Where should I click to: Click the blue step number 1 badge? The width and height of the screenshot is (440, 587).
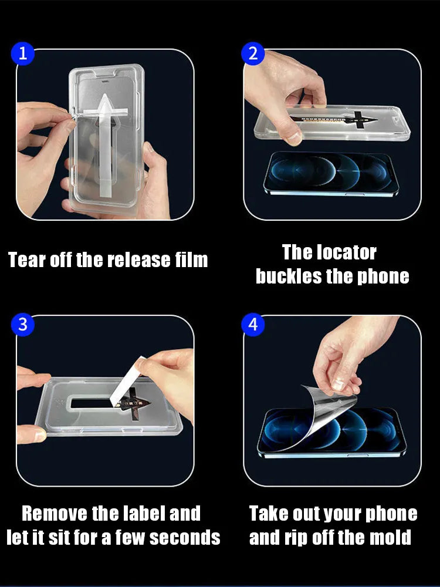(x=22, y=53)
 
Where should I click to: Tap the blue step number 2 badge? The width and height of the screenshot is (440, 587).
(x=253, y=53)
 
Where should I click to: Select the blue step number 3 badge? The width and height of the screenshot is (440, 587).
(x=22, y=324)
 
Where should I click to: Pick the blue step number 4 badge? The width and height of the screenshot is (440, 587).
(x=253, y=324)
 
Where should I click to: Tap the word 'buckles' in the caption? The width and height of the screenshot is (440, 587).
(x=289, y=276)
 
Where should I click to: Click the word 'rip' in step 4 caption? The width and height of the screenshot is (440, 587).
(x=296, y=538)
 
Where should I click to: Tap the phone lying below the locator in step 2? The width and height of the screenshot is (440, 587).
(x=331, y=173)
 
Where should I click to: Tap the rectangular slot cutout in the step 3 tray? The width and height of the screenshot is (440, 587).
(x=93, y=403)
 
